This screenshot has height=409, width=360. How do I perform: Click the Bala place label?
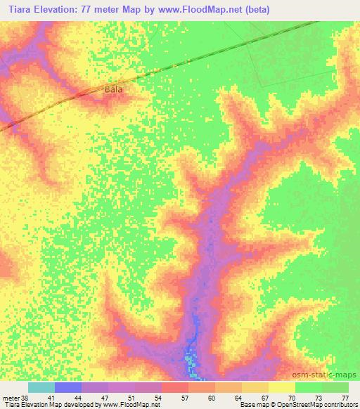point(113,91)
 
